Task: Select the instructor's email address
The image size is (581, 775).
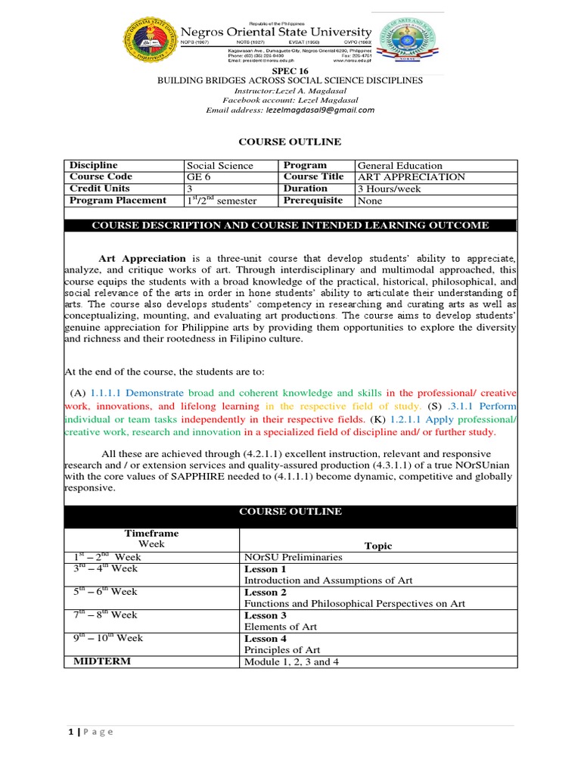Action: [x=320, y=110]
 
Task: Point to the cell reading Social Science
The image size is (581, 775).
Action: [x=220, y=166]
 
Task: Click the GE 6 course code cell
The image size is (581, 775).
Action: [x=199, y=177]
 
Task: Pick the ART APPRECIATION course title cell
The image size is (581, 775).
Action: [x=412, y=177]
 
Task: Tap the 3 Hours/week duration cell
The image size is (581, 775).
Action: [x=390, y=188]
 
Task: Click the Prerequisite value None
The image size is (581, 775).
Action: [x=370, y=201]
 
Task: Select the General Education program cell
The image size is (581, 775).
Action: [x=400, y=166]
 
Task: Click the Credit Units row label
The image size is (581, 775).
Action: [x=100, y=188]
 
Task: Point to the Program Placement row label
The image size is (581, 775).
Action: [x=118, y=201]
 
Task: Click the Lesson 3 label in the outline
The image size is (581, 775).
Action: [x=266, y=615]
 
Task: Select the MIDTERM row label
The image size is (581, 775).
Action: [x=102, y=661]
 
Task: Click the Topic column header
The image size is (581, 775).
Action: [x=378, y=546]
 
